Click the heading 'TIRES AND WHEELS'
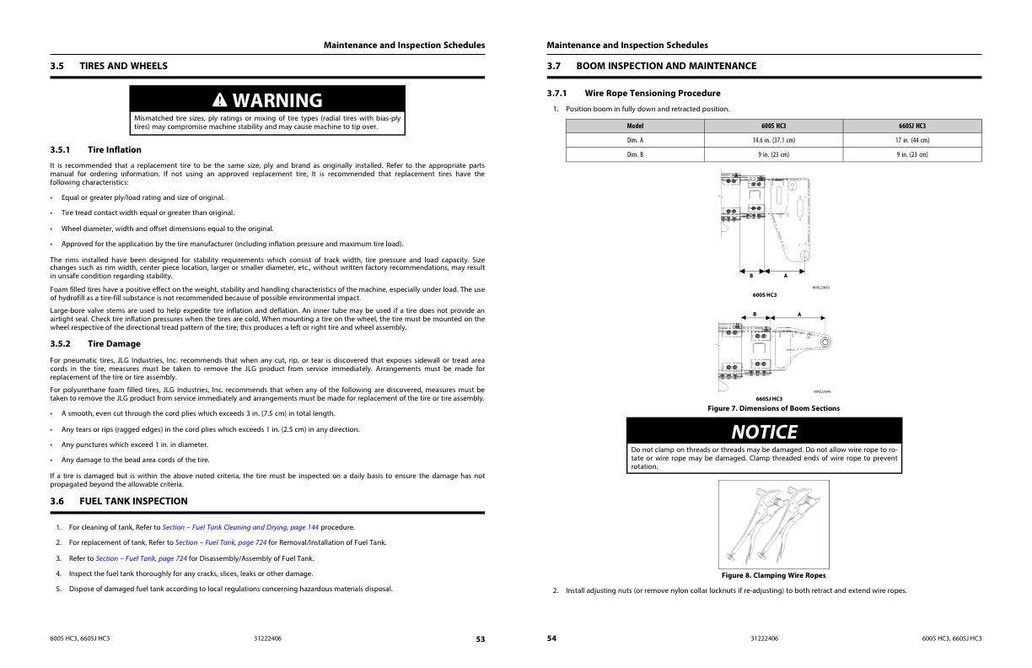123,66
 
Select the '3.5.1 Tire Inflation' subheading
114,150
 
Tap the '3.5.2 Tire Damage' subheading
114,344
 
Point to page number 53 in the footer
480,639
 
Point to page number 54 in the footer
551,638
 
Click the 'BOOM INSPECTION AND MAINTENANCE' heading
666,66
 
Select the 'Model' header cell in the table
635,126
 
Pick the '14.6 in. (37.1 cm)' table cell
773,140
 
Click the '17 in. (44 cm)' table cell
912,140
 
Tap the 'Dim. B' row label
635,154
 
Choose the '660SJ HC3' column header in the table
912,126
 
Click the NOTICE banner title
764,432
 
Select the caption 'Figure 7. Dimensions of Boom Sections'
773,409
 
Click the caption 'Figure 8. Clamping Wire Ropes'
773,575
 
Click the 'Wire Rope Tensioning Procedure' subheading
652,93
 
